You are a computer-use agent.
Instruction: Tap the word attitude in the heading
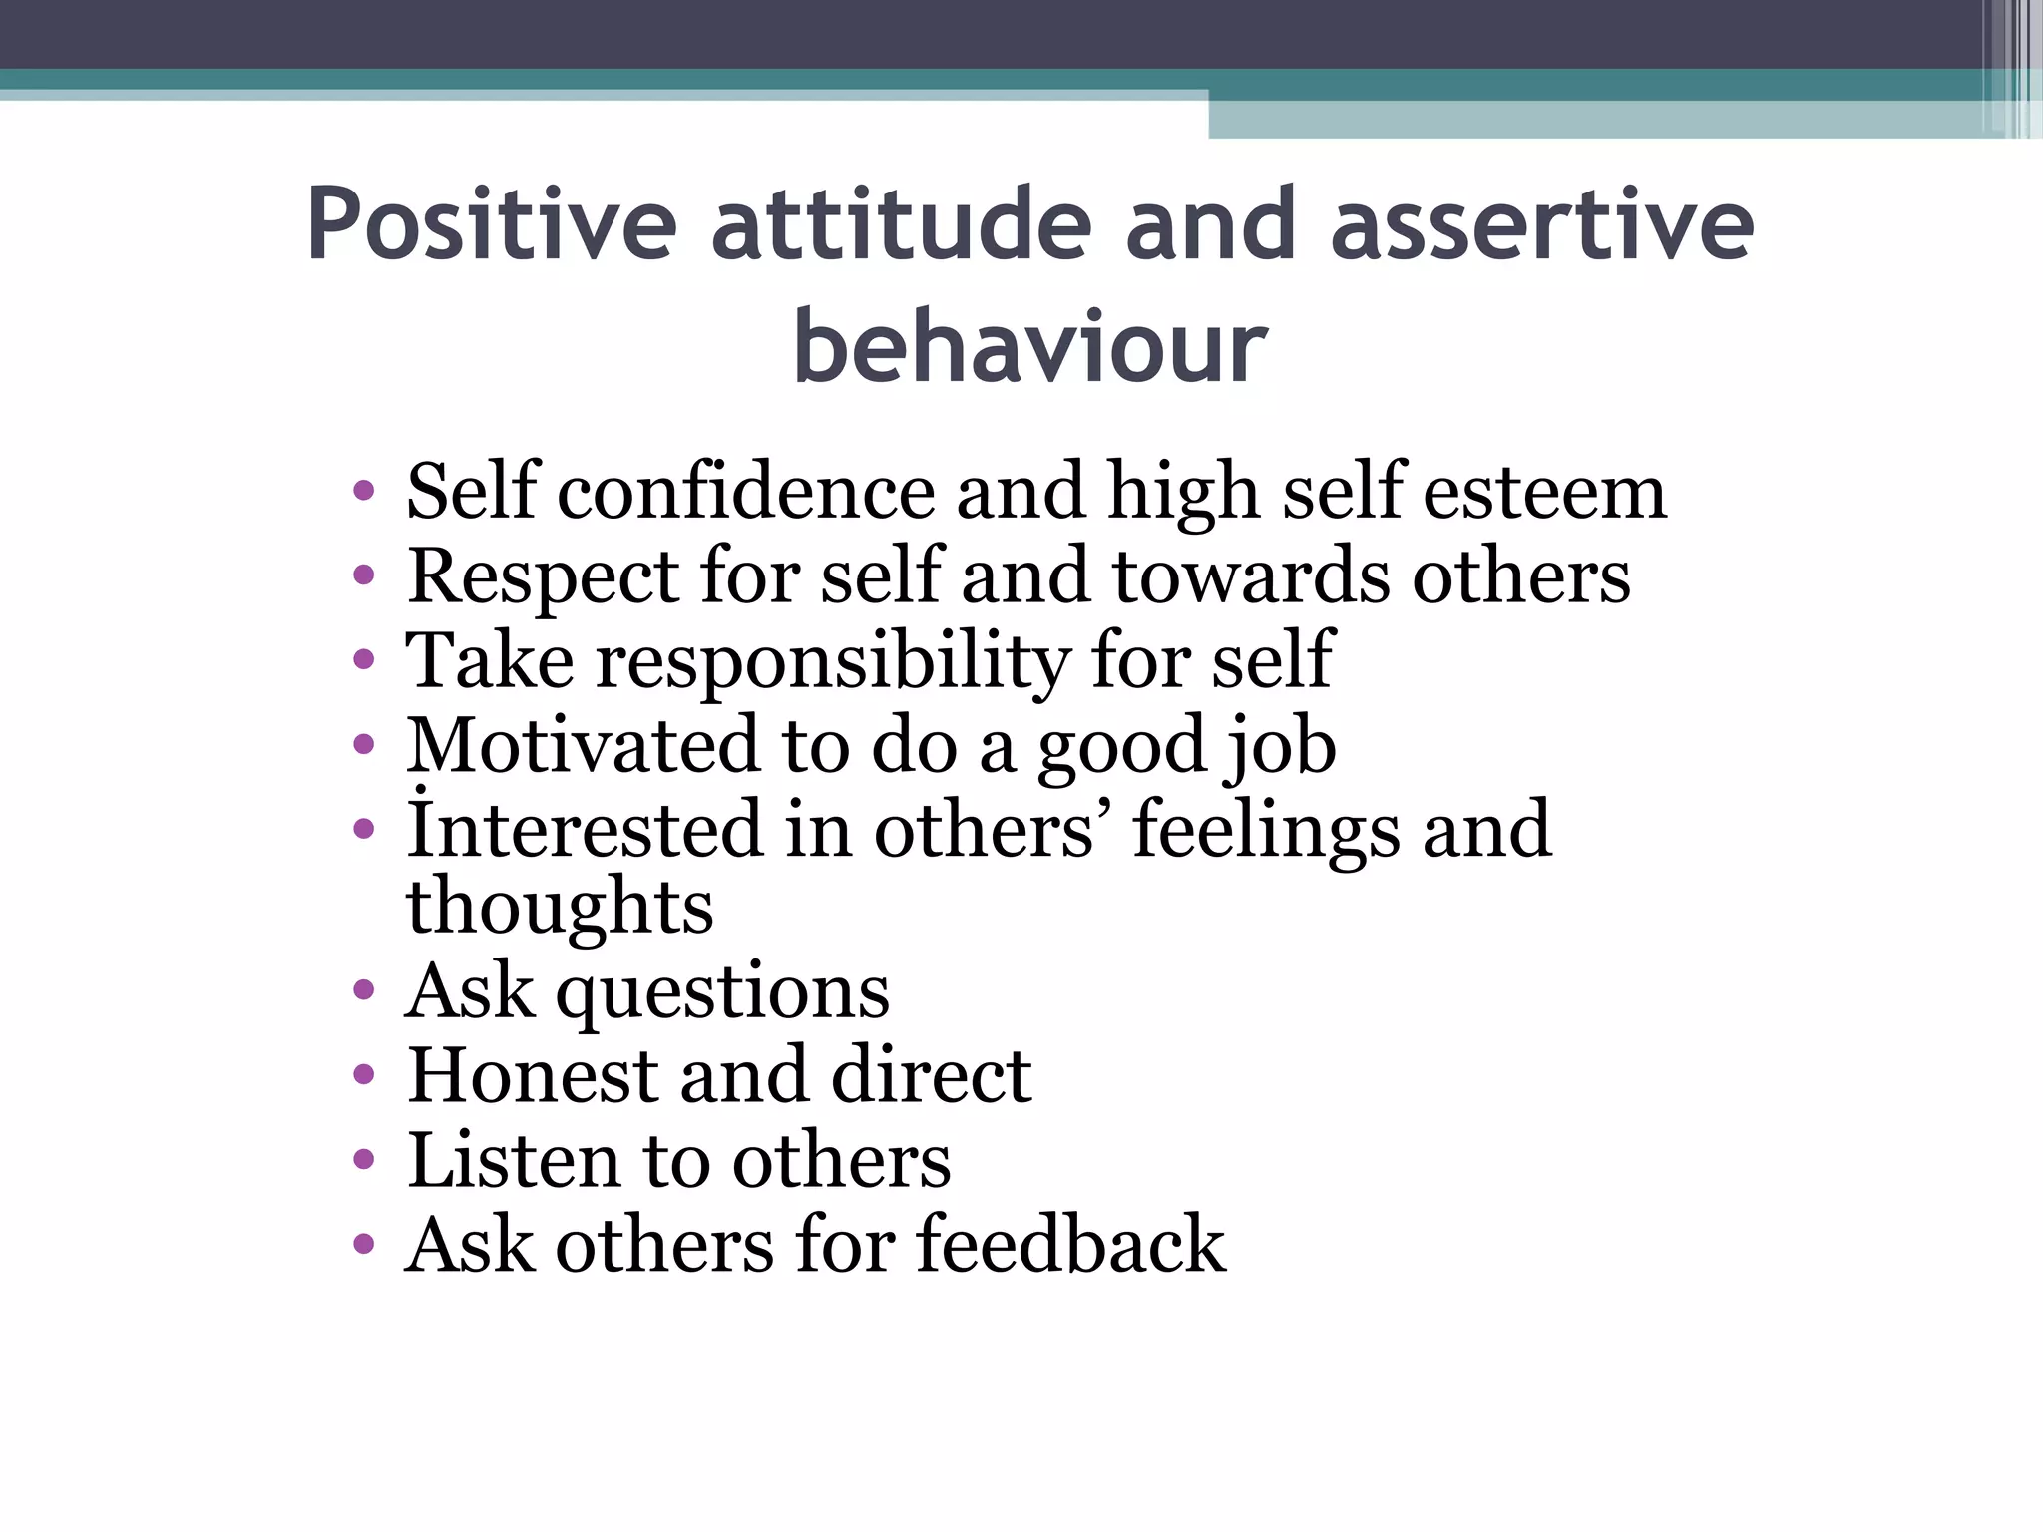[x=901, y=224]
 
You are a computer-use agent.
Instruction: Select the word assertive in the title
[x=1541, y=224]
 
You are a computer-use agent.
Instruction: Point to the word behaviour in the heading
[x=1029, y=346]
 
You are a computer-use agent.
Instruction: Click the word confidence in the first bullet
[x=746, y=492]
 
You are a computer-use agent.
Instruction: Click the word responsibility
[x=832, y=662]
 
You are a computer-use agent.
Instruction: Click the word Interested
[x=585, y=830]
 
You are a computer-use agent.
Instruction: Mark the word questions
[x=722, y=993]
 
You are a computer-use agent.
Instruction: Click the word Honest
[x=533, y=1076]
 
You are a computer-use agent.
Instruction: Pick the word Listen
[x=514, y=1161]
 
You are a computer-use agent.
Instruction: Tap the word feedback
[x=1071, y=1245]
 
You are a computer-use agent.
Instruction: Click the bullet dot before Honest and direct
[x=364, y=1075]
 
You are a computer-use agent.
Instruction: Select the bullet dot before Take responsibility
[x=364, y=660]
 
